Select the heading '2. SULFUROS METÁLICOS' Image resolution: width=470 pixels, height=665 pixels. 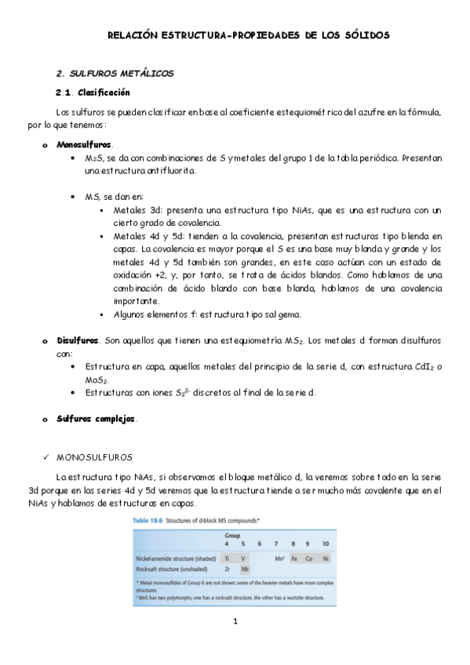pos(115,73)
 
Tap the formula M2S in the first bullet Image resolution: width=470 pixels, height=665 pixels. pos(93,158)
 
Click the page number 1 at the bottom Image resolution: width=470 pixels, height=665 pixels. pos(235,622)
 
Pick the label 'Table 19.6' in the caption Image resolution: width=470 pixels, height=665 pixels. pos(150,520)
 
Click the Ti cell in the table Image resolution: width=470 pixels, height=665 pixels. pos(227,558)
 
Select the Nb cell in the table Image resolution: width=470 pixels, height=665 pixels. pos(245,569)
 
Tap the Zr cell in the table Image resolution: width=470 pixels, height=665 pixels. pos(227,569)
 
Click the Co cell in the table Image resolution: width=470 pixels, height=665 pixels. pos(308,558)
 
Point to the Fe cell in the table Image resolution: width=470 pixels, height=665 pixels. pos(293,558)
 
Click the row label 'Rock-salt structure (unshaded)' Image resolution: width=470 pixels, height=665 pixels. pos(173,569)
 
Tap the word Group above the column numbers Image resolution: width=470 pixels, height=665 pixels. pos(232,536)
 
